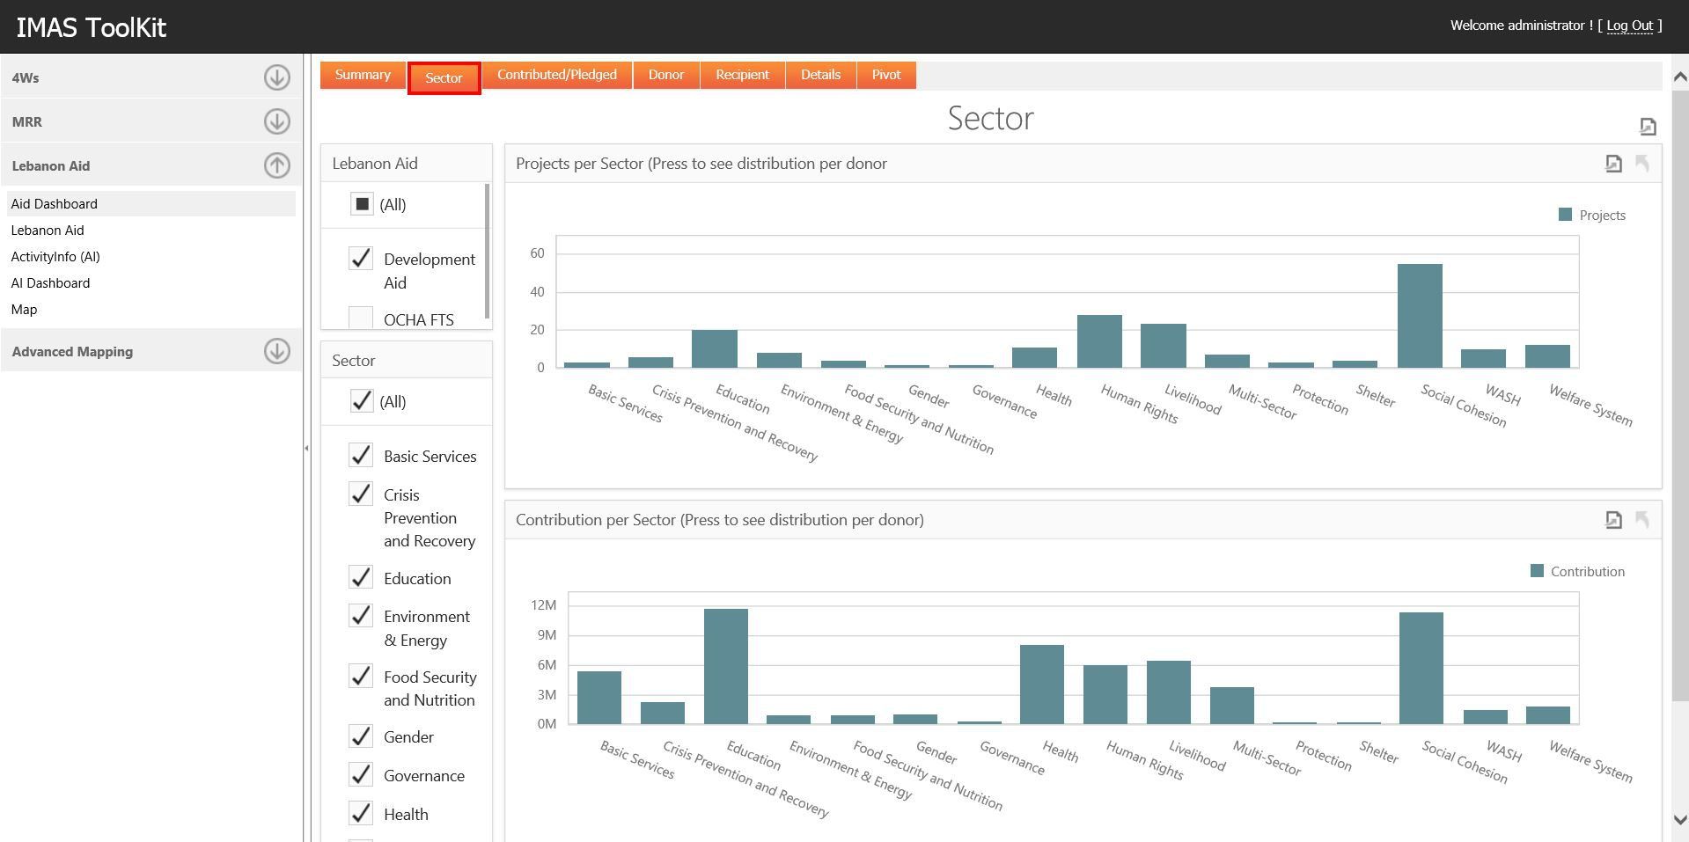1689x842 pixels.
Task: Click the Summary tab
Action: (362, 75)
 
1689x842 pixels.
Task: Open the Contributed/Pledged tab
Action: (556, 75)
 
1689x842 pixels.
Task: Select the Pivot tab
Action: (885, 75)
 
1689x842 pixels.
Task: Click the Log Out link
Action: (1629, 26)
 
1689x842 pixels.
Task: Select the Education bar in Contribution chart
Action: (725, 666)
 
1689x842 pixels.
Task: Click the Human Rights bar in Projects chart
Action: (1099, 340)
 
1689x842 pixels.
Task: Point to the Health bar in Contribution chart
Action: (1041, 684)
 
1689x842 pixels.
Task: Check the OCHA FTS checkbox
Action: (361, 318)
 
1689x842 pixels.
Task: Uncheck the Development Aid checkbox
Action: (361, 259)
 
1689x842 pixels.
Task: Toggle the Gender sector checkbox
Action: (361, 736)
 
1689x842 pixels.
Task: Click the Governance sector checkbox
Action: (361, 775)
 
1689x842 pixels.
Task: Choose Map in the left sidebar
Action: (24, 310)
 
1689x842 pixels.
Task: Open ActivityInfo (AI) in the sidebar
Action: (55, 257)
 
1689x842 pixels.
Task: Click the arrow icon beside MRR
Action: (276, 121)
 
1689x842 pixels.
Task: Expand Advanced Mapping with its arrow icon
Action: (276, 351)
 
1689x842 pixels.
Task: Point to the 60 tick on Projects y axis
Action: (537, 253)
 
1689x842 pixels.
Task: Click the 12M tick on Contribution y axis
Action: (543, 605)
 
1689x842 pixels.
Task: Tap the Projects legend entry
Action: (1592, 216)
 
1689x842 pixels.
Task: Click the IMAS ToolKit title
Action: (91, 27)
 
